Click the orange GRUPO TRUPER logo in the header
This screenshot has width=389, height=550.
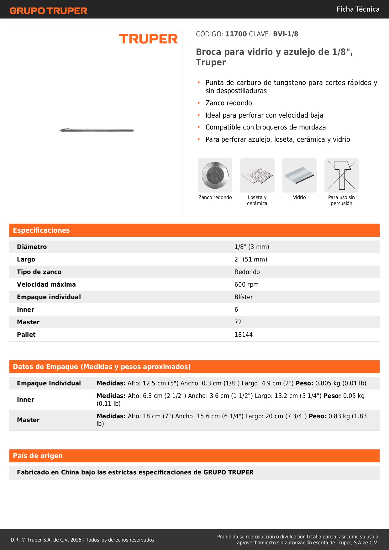(x=48, y=11)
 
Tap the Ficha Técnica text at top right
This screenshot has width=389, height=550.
(x=358, y=9)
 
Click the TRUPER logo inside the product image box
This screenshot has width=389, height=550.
(x=148, y=39)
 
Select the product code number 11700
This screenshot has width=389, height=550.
(x=236, y=34)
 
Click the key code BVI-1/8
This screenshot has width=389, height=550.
(x=285, y=34)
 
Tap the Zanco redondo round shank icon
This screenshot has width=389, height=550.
(x=215, y=175)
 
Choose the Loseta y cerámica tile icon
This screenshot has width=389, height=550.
(x=257, y=175)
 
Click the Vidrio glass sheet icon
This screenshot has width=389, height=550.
(x=299, y=175)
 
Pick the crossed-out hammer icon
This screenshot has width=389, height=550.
(x=341, y=175)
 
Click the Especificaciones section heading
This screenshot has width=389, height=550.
(x=41, y=230)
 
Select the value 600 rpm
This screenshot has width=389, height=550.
(x=246, y=284)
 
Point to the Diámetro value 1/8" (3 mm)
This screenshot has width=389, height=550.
(x=252, y=247)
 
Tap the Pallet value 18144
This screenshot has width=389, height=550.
(x=243, y=335)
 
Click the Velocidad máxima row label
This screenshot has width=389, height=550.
(x=46, y=284)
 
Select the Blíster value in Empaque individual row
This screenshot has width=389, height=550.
(x=244, y=297)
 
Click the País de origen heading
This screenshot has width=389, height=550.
(x=38, y=456)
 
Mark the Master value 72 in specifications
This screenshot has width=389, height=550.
(x=238, y=322)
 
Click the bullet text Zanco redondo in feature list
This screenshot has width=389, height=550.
(x=229, y=103)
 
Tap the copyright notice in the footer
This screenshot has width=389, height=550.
(x=83, y=540)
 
